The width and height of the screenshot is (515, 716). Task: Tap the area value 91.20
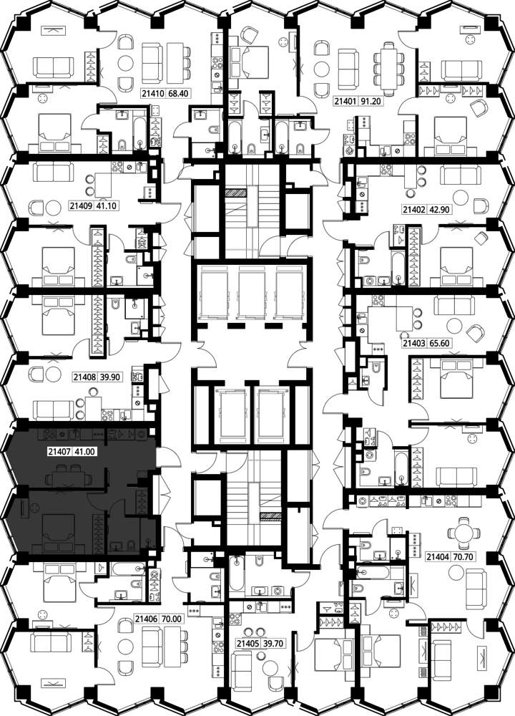click(x=371, y=101)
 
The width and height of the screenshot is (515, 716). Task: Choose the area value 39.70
click(x=274, y=644)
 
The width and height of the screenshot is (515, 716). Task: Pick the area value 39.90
click(x=109, y=377)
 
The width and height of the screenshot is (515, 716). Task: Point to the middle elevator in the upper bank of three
click(x=252, y=292)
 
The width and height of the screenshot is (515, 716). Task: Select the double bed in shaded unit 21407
click(x=59, y=532)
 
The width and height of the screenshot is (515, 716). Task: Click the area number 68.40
click(x=178, y=94)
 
